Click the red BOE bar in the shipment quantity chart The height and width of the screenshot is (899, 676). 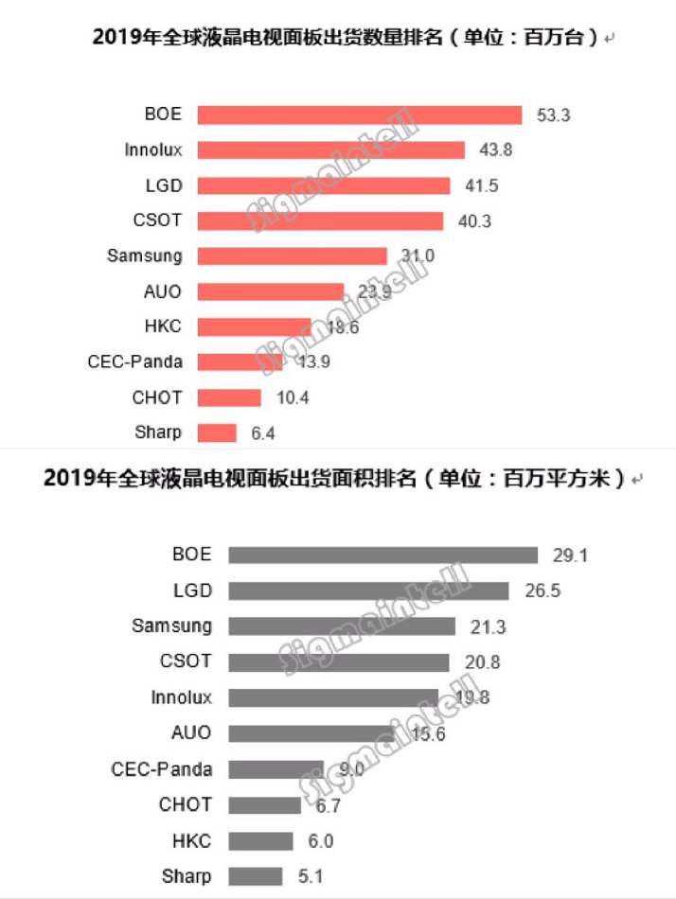pos(360,115)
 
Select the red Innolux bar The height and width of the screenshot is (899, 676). pos(331,150)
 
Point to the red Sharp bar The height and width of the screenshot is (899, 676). pos(217,432)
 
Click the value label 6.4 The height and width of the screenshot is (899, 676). pos(261,433)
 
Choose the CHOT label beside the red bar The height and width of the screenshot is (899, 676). pos(158,397)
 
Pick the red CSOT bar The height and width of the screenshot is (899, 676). pos(320,220)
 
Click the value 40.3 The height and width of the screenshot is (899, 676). pos(471,220)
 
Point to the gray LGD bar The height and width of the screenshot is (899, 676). pos(369,591)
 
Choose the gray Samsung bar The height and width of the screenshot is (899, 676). pos(342,626)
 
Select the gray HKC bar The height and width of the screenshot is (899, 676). pos(261,840)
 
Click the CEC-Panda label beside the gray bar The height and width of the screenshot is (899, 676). pos(163,768)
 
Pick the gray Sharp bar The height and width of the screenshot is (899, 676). pos(256,875)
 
